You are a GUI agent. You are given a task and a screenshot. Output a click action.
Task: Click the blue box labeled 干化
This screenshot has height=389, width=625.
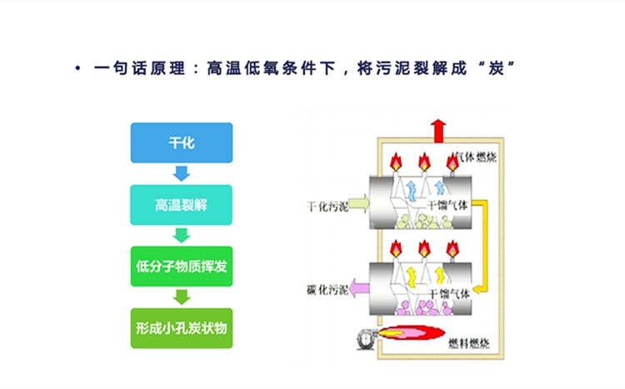click(181, 142)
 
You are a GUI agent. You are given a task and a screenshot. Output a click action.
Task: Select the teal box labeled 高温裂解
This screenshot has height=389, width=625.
click(181, 205)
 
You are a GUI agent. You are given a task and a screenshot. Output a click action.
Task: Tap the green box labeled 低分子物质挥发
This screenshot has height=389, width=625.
click(181, 267)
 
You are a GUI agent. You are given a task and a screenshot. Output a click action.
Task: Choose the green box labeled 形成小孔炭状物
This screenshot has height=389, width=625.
click(181, 328)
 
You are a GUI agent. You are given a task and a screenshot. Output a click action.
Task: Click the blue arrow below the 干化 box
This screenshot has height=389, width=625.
click(181, 173)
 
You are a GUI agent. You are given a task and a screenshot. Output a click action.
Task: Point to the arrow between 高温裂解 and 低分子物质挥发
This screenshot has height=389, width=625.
click(181, 236)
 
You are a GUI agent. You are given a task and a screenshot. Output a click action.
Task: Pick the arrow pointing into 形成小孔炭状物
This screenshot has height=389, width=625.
click(181, 297)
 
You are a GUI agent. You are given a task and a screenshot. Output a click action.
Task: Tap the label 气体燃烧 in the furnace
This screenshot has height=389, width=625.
click(475, 157)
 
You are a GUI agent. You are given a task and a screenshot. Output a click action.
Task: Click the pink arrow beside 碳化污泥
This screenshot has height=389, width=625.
click(361, 289)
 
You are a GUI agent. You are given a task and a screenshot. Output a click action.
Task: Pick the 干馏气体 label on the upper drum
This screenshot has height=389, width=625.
click(450, 204)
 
